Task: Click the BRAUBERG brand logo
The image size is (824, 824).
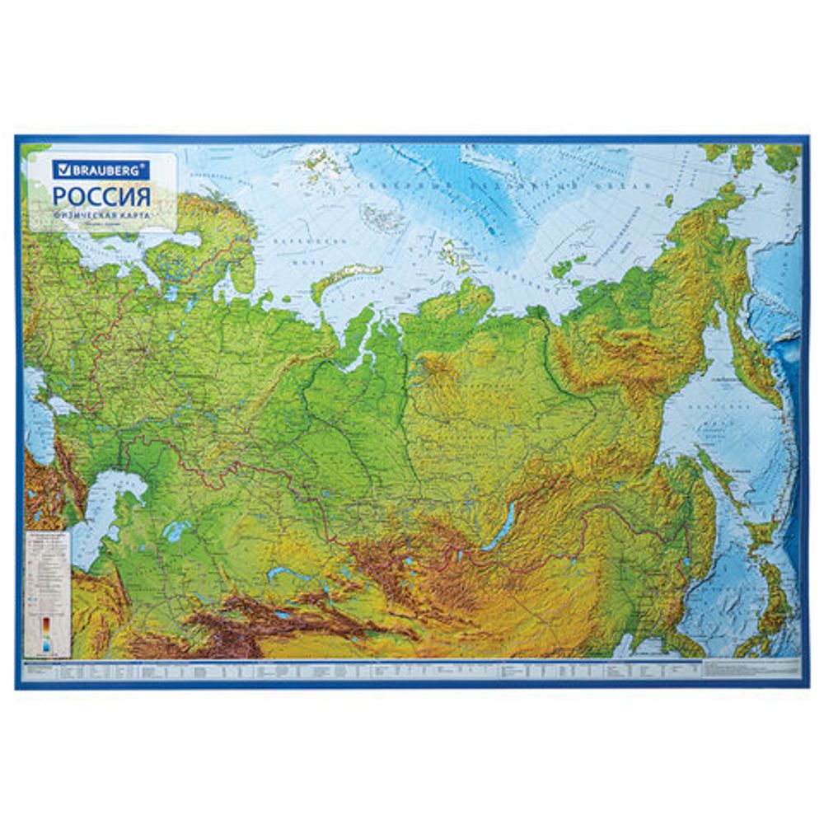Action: (x=101, y=171)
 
